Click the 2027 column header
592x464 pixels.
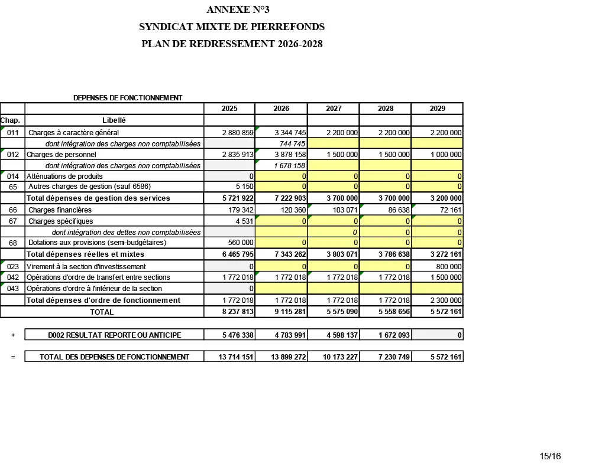point(334,109)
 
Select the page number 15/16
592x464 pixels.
point(550,456)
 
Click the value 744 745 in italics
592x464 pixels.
point(292,144)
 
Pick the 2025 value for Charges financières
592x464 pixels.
point(241,210)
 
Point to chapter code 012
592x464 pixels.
point(13,155)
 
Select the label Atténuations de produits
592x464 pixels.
point(65,177)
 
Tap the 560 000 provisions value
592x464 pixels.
point(241,243)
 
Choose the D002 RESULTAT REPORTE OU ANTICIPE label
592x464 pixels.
point(115,335)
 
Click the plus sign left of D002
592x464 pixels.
point(13,335)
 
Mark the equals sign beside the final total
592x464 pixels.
point(13,357)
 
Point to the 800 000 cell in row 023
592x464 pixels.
point(448,267)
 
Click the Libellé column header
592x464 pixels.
point(114,120)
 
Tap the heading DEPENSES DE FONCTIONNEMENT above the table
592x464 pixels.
point(128,97)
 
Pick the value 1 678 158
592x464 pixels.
point(290,166)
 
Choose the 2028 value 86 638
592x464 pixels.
point(396,210)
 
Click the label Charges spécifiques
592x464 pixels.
point(61,221)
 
